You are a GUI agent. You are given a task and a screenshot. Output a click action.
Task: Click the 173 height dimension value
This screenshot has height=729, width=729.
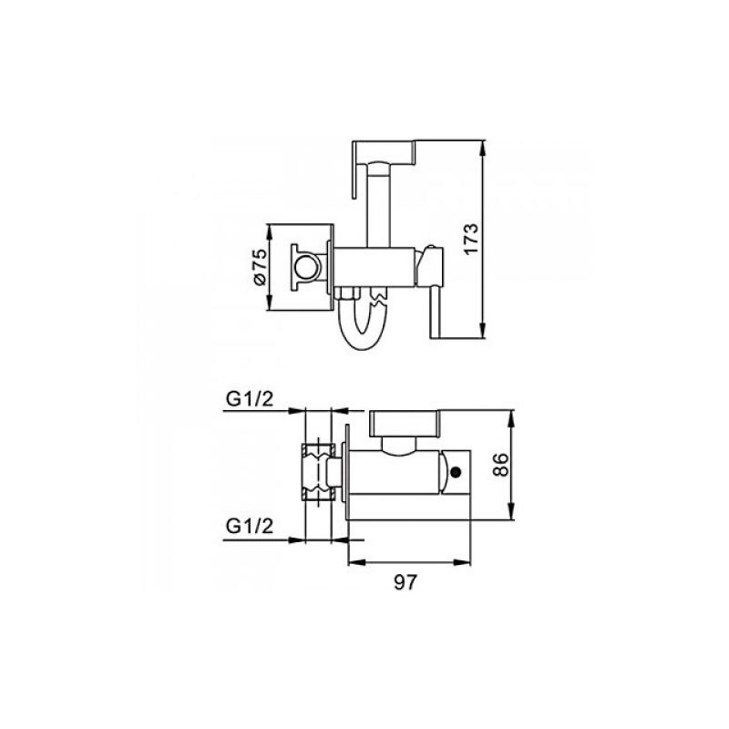point(471,239)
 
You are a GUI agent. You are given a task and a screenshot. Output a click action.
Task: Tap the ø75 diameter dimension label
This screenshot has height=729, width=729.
point(260,266)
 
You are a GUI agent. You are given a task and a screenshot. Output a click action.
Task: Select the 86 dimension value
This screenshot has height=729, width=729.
point(501,465)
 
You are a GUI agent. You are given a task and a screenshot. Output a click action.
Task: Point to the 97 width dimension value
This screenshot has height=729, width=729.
point(406,582)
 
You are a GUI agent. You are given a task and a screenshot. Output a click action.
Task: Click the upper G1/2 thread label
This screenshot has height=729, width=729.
point(250,398)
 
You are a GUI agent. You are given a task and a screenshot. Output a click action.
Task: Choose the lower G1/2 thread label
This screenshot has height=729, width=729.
point(250,527)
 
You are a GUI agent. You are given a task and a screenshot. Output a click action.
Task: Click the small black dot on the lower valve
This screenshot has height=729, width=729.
point(457,473)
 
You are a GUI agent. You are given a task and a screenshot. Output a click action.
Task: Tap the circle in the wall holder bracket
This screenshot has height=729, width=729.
point(305,267)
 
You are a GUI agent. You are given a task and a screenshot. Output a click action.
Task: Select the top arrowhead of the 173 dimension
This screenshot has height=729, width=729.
point(484,148)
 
